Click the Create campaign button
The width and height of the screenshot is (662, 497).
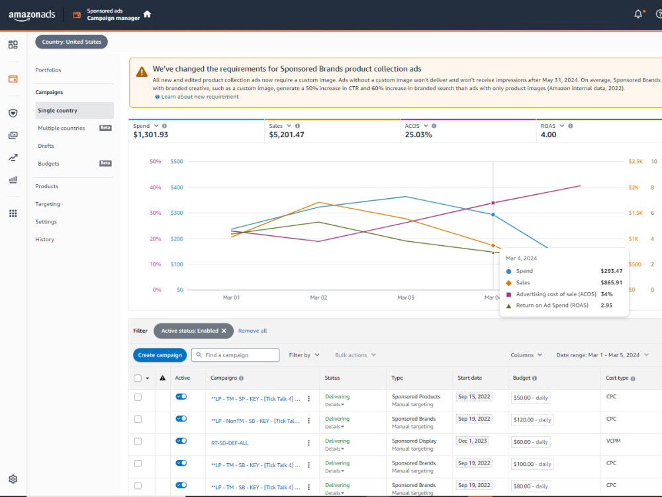(x=160, y=355)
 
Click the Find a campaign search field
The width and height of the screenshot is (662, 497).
(x=235, y=355)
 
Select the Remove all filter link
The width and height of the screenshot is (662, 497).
(x=252, y=331)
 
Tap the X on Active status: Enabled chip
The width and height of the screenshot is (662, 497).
(x=224, y=331)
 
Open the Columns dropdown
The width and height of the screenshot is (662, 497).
(x=526, y=355)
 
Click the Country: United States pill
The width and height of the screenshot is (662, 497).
(x=71, y=42)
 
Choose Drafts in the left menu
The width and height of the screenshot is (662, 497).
(x=46, y=146)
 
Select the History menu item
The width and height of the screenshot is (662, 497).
(x=45, y=239)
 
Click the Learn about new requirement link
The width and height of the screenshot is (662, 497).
(x=200, y=97)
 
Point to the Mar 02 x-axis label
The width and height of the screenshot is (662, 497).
(x=319, y=298)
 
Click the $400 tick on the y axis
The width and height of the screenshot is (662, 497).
(x=177, y=188)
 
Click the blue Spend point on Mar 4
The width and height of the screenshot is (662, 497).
(x=493, y=215)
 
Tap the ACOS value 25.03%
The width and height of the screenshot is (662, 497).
(x=418, y=135)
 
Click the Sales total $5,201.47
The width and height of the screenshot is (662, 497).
(x=287, y=135)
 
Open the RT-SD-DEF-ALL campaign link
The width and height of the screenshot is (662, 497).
(x=230, y=443)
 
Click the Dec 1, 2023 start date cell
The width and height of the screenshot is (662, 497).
(x=473, y=441)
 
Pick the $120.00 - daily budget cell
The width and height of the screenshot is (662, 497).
(x=532, y=420)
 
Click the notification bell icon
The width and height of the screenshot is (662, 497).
(x=638, y=15)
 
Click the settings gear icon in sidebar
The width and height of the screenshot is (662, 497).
(x=13, y=479)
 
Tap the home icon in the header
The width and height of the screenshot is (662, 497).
(x=147, y=14)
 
